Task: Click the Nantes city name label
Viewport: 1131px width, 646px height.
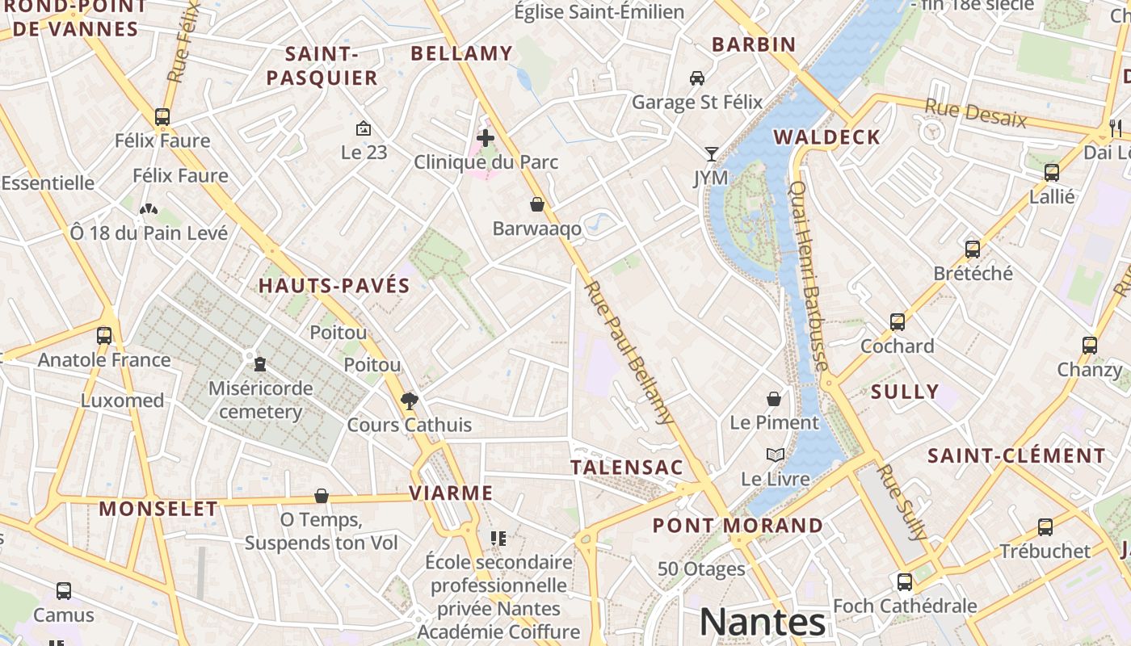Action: [762, 622]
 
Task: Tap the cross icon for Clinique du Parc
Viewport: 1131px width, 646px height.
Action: [486, 138]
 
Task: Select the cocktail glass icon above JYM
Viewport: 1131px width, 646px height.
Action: [711, 153]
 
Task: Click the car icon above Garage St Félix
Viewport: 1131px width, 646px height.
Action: [697, 78]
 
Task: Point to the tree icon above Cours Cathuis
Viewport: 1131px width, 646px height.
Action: [410, 401]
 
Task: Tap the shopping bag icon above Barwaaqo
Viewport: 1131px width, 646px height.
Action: [536, 204]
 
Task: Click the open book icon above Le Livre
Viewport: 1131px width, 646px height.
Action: [776, 455]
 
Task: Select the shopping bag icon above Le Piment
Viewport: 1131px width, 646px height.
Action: [774, 398]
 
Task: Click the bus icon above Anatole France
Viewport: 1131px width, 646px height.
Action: [104, 335]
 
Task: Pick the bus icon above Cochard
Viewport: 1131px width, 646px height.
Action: [897, 322]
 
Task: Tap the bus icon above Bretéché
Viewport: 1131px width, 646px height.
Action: [973, 249]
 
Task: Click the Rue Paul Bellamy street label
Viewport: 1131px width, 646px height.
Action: [629, 352]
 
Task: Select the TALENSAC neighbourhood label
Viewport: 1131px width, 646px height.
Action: [627, 468]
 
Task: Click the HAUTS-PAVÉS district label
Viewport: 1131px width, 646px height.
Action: [334, 286]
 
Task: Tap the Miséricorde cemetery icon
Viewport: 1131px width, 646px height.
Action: [260, 364]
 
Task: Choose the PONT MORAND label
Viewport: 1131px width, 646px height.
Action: [738, 526]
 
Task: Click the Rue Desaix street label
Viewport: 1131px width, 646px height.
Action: [975, 114]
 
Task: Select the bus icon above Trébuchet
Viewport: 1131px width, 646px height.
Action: [1045, 527]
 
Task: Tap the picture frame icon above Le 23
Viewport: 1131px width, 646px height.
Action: [364, 128]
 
